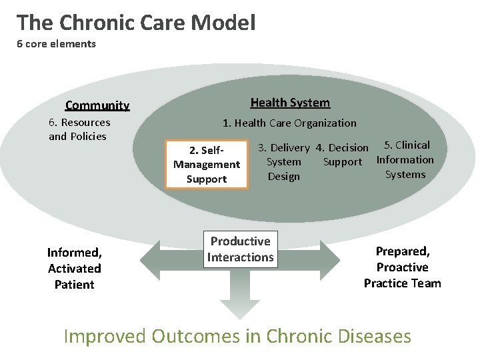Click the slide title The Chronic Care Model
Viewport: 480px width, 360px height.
[x=136, y=23]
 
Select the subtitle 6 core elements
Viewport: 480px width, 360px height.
[x=57, y=44]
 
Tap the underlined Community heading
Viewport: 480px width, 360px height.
[x=97, y=105]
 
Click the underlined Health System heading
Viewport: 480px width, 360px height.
[x=290, y=103]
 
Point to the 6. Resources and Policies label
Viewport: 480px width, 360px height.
[x=79, y=129]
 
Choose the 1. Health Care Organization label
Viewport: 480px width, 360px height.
[x=289, y=123]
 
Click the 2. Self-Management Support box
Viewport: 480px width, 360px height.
[x=207, y=164]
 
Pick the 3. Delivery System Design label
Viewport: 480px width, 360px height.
[x=284, y=162]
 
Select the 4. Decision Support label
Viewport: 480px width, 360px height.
[x=343, y=155]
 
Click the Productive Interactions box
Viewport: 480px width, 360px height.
[x=241, y=249]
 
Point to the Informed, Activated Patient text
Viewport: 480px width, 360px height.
[x=74, y=268]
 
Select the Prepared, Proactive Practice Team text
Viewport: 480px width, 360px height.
[x=402, y=267]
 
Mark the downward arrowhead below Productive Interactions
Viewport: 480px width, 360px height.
[x=241, y=307]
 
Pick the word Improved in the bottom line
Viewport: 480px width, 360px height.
[x=105, y=336]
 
